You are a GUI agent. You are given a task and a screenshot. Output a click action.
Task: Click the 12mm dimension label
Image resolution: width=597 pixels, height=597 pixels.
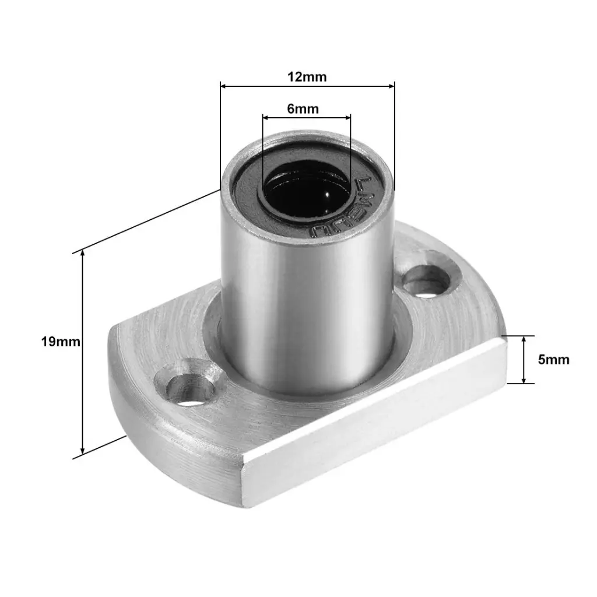click(307, 77)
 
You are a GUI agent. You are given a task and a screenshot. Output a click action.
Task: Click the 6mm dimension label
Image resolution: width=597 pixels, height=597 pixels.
click(303, 109)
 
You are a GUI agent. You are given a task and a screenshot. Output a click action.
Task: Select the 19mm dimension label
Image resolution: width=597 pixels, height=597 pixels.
click(61, 342)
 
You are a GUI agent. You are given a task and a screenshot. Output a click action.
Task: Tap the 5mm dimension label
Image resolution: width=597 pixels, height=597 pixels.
click(553, 360)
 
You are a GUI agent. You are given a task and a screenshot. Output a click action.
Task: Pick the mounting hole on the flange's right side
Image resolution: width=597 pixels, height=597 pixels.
click(427, 280)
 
